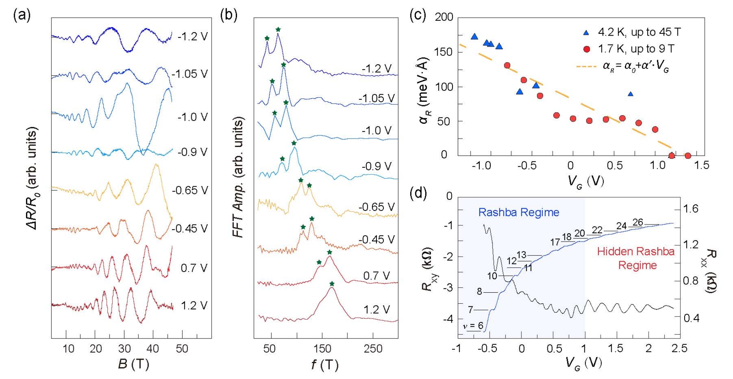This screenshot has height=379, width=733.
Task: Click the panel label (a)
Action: [x=22, y=16]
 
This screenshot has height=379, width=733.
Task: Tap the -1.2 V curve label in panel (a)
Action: [x=192, y=37]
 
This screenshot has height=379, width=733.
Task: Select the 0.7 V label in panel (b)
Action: [x=377, y=276]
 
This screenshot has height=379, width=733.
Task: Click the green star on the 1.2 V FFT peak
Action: [x=332, y=284]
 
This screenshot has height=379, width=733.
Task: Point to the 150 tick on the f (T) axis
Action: [x=322, y=349]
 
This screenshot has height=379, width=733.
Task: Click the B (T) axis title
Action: [x=133, y=364]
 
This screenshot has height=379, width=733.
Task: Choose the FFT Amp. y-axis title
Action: [x=238, y=177]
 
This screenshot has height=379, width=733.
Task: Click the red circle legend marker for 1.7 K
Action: [x=586, y=49]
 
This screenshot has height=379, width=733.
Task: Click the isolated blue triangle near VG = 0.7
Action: [x=630, y=94]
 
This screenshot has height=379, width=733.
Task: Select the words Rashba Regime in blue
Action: [x=519, y=212]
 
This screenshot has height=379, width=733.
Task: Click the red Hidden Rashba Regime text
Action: [x=636, y=258]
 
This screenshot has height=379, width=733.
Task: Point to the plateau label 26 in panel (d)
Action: [x=638, y=222]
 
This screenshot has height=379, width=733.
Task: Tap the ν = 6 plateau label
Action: [x=473, y=326]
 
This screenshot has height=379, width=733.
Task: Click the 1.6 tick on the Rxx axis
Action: [x=691, y=209]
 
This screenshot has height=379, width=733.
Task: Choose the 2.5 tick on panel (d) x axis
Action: [x=680, y=349]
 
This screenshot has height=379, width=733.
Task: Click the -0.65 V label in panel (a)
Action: [x=190, y=190]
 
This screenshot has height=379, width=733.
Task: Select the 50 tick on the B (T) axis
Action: [x=182, y=349]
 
